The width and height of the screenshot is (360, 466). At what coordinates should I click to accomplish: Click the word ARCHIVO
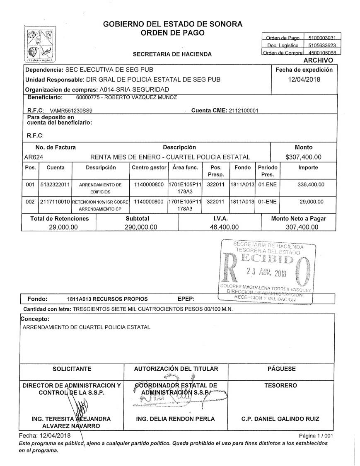click(318, 60)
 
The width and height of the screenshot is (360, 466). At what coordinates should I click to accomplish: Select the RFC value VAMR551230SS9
click(71, 111)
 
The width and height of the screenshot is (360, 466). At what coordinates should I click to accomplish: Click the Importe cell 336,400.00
click(311, 184)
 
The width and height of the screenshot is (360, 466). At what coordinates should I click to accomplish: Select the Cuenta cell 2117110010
click(55, 202)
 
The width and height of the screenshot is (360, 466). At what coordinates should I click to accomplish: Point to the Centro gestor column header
click(149, 168)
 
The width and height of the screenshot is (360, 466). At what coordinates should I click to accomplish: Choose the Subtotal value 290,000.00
click(141, 227)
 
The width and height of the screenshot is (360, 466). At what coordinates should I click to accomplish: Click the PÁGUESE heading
click(281, 369)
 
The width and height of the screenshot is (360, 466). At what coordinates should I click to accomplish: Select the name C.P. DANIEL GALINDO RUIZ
click(280, 419)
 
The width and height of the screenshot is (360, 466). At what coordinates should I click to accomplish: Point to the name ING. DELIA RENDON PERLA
click(176, 419)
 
